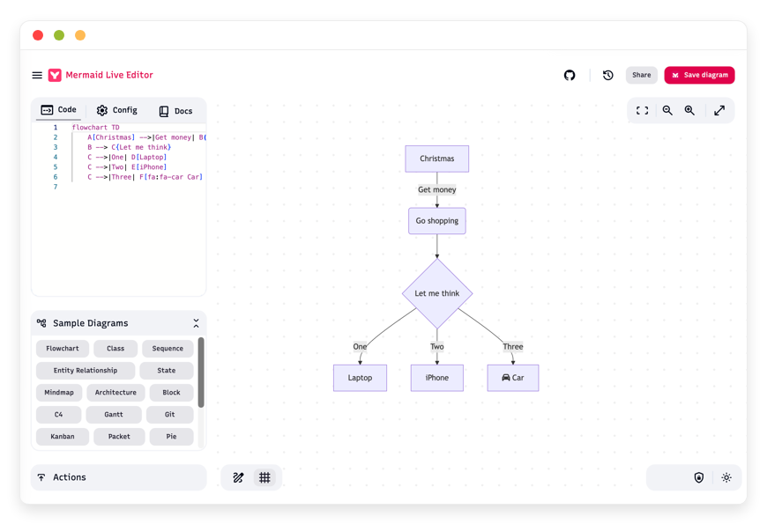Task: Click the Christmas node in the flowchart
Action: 436,159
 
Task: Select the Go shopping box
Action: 436,220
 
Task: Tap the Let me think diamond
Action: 437,293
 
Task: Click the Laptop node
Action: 360,377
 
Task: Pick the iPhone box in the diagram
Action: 436,377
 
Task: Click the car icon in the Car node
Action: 506,377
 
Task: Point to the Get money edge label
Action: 436,189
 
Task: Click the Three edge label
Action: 512,347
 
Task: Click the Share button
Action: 641,75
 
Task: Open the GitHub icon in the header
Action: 570,75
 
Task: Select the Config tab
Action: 117,110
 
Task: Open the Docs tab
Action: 175,111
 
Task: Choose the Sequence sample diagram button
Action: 168,349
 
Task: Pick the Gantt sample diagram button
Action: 114,415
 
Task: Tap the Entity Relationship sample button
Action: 86,371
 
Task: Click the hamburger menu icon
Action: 37,75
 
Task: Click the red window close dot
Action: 38,35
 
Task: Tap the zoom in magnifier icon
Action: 689,110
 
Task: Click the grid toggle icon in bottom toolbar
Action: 264,477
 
